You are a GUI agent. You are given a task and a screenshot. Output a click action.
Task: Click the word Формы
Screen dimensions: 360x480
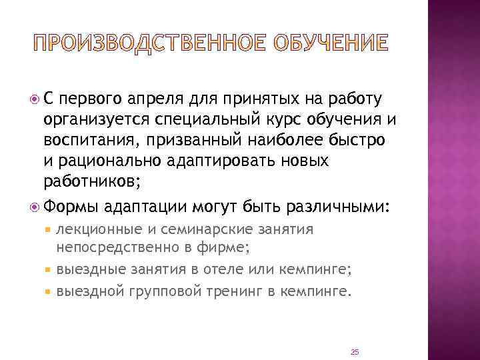pyautogui.click(x=71, y=207)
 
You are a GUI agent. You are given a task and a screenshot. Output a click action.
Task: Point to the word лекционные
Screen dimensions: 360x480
pyautogui.click(x=99, y=231)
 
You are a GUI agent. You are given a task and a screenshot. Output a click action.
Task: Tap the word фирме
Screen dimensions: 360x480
pyautogui.click(x=225, y=249)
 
